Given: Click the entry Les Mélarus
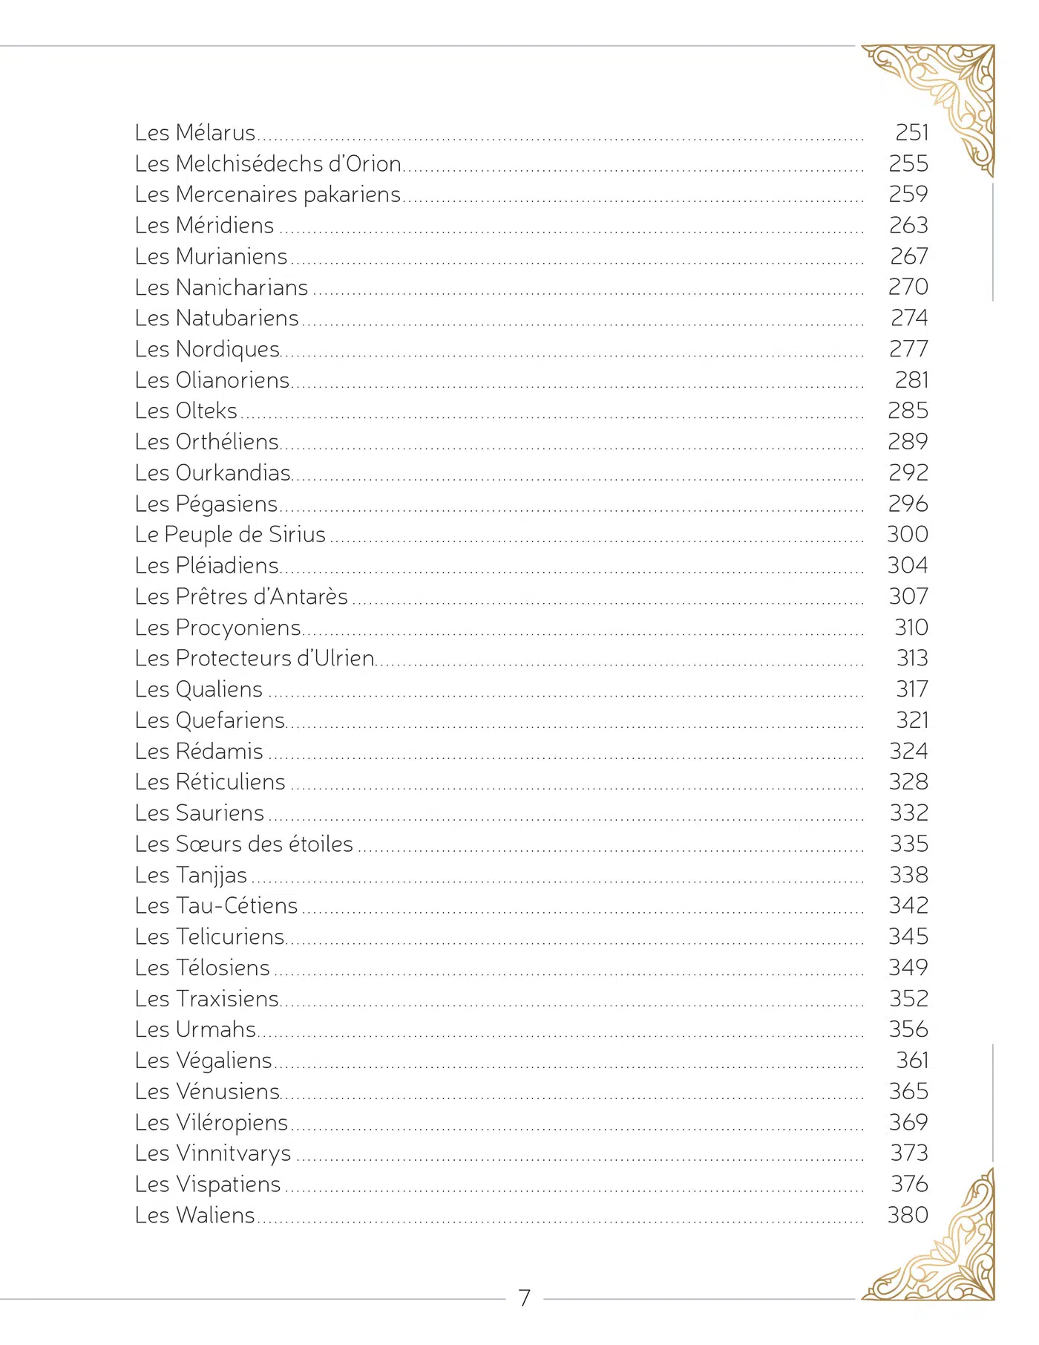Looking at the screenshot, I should click(195, 133).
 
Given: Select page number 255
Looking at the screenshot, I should click(908, 163).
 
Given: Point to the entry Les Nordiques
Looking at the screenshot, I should click(207, 349).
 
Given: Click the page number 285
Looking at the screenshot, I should click(908, 411).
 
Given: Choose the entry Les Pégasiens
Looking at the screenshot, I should click(206, 504).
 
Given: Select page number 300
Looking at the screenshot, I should click(908, 535).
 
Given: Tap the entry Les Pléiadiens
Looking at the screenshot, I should click(207, 566).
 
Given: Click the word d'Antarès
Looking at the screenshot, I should click(301, 596).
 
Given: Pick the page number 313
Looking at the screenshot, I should click(912, 659).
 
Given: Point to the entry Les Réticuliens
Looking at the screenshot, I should click(210, 782).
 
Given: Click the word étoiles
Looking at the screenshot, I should click(320, 844).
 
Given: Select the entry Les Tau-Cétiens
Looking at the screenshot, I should click(216, 906).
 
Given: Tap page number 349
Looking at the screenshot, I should click(908, 968).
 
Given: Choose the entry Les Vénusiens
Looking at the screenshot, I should click(207, 1092).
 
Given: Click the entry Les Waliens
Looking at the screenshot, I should click(195, 1216).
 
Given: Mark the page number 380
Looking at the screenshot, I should click(908, 1216).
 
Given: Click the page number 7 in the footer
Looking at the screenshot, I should click(524, 1297).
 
